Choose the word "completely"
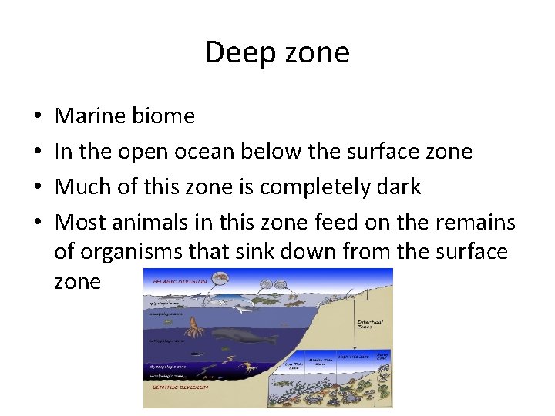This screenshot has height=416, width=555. tap(312, 187)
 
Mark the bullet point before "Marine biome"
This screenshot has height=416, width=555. tap(39, 117)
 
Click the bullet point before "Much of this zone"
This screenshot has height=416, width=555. tap(39, 188)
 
